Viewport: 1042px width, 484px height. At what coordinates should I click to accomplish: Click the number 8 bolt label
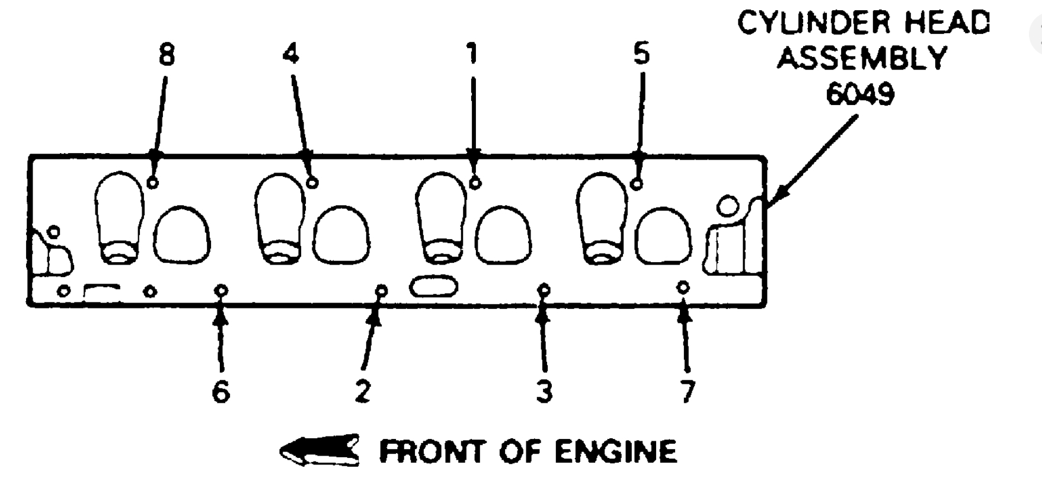coord(167,55)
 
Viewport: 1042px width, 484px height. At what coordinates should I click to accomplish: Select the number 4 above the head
coord(291,54)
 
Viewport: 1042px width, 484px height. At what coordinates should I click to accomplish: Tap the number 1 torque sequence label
coord(472,54)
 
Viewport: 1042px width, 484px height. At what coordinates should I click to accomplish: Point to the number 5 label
coord(641,54)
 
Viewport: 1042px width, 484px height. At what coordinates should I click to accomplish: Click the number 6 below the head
coord(220,391)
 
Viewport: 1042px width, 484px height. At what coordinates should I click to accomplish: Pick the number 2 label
coord(363,391)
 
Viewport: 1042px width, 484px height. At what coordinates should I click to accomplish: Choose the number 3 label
coord(544,391)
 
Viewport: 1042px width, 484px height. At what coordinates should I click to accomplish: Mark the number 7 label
coord(687,391)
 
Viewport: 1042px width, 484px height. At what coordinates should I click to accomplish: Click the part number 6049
coord(860,94)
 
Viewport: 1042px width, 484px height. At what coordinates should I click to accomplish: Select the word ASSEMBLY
coord(862,58)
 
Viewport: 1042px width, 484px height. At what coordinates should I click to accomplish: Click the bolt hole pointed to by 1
coord(475,183)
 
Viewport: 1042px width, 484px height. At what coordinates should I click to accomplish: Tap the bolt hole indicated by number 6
coord(221,290)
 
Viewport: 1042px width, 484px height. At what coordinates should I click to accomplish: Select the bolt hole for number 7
coord(683,287)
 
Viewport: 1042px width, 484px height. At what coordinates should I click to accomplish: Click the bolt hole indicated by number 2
coord(382,291)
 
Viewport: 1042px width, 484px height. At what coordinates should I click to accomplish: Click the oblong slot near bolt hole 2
coord(434,286)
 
